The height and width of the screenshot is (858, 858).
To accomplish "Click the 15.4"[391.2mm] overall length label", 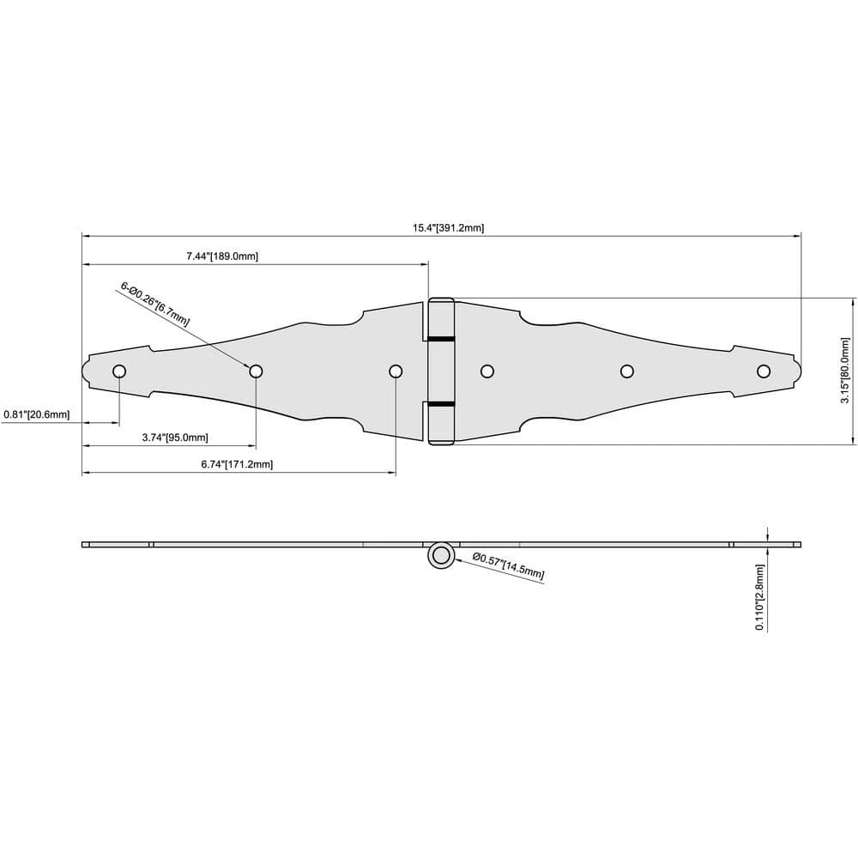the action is (x=448, y=227).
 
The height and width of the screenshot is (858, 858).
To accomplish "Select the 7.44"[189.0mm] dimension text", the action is (x=222, y=256).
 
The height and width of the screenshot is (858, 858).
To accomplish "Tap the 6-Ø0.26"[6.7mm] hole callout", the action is (x=154, y=305).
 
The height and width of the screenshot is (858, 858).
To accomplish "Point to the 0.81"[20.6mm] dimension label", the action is (x=37, y=414).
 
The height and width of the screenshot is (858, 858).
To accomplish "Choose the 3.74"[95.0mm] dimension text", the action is (x=175, y=438).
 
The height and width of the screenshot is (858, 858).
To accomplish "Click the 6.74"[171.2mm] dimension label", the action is (x=237, y=464).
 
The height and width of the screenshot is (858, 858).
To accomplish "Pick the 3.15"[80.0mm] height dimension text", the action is (x=845, y=371).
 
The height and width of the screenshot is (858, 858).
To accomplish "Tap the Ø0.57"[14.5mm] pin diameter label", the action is (x=508, y=565).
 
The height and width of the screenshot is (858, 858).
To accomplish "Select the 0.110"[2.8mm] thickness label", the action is (x=759, y=597).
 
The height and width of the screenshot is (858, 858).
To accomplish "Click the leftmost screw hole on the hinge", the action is (x=119, y=372).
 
